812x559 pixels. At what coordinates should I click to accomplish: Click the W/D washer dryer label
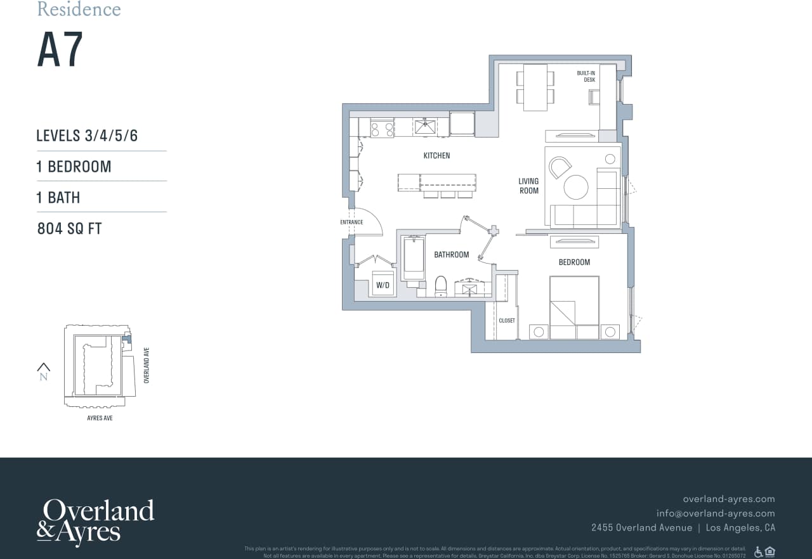[383, 285]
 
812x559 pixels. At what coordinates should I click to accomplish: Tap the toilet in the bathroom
[441, 286]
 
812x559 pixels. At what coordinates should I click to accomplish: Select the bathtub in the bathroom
[414, 258]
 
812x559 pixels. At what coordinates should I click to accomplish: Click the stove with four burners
[382, 129]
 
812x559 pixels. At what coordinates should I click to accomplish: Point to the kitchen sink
[425, 126]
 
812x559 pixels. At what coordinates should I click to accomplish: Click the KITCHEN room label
[436, 155]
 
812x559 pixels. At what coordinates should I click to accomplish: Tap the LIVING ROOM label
[528, 186]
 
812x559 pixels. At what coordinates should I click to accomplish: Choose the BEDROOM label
[574, 262]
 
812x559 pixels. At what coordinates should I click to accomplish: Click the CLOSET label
[507, 321]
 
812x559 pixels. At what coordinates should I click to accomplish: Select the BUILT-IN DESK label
[586, 77]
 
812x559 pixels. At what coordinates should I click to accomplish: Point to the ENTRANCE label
[351, 222]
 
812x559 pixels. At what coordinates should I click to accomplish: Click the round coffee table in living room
[576, 187]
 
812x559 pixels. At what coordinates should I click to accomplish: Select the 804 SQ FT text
[70, 229]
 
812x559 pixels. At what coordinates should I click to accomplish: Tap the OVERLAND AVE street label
[147, 365]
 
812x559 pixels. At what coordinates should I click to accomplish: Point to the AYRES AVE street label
[100, 418]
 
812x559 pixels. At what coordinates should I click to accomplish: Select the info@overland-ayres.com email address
[716, 513]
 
